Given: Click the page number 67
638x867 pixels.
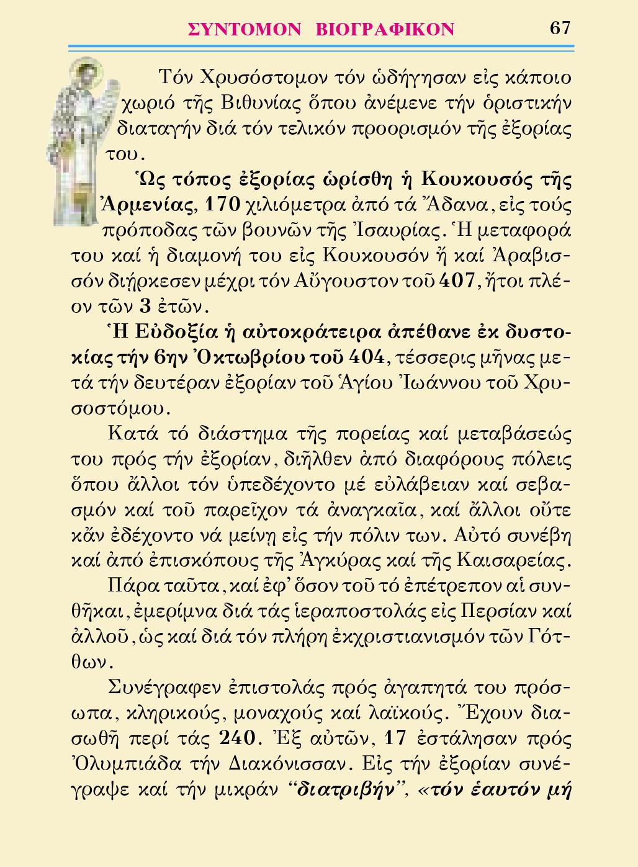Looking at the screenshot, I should click(x=559, y=28).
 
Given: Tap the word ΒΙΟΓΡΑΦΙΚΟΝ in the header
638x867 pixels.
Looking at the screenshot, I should click(x=385, y=29).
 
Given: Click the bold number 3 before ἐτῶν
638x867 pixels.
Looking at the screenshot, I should click(x=146, y=307).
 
